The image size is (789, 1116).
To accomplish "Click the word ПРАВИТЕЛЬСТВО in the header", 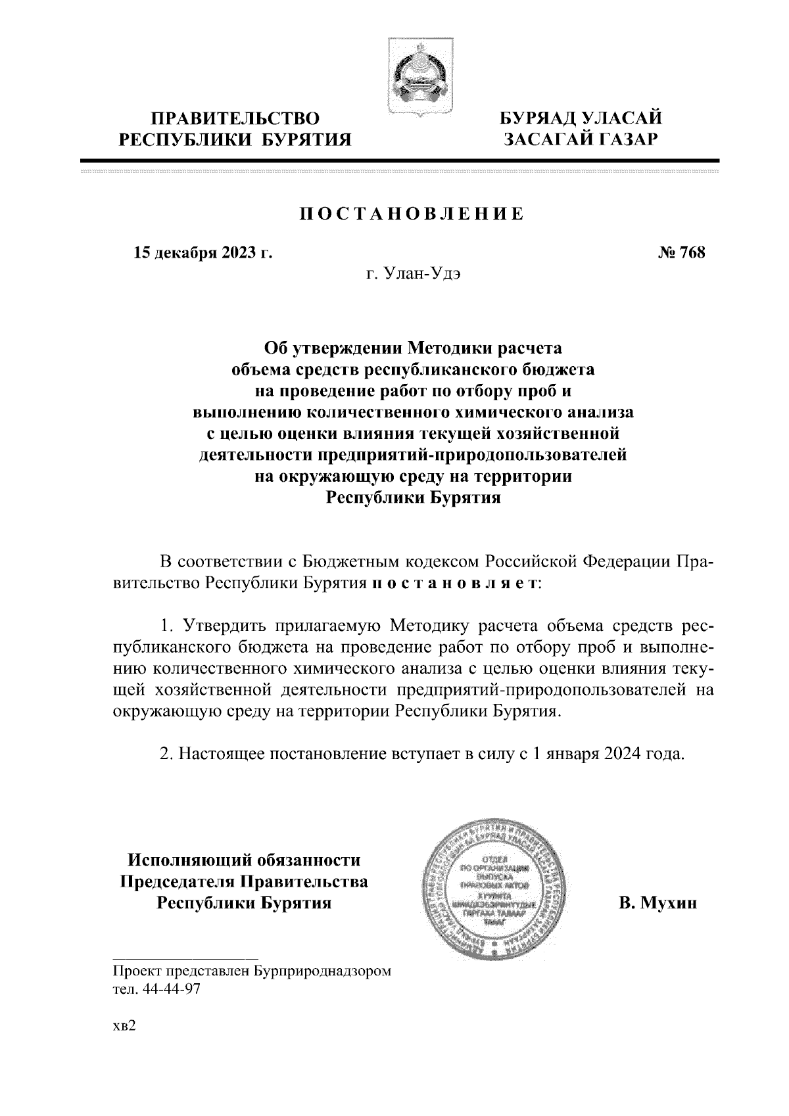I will [235, 119].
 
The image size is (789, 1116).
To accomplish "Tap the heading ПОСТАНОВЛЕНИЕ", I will [412, 214].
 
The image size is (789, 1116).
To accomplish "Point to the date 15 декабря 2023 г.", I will [203, 252].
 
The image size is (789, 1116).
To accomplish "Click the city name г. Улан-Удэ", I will [413, 274].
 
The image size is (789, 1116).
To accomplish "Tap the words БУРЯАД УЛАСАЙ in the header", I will [581, 119].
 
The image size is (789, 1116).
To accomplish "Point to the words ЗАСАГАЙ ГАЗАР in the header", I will [581, 139].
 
